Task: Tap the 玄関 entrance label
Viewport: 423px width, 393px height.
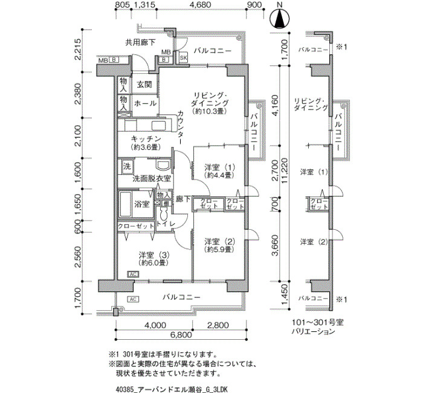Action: pos(143,85)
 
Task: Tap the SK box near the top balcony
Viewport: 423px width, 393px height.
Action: pos(183,57)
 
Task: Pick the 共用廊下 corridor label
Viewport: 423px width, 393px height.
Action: pos(140,42)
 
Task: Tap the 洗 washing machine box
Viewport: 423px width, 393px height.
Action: pos(127,166)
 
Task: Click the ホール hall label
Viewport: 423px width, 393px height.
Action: pos(145,103)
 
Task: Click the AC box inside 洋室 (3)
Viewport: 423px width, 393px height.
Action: pos(132,274)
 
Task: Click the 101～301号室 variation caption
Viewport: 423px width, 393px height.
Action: pos(312,323)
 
